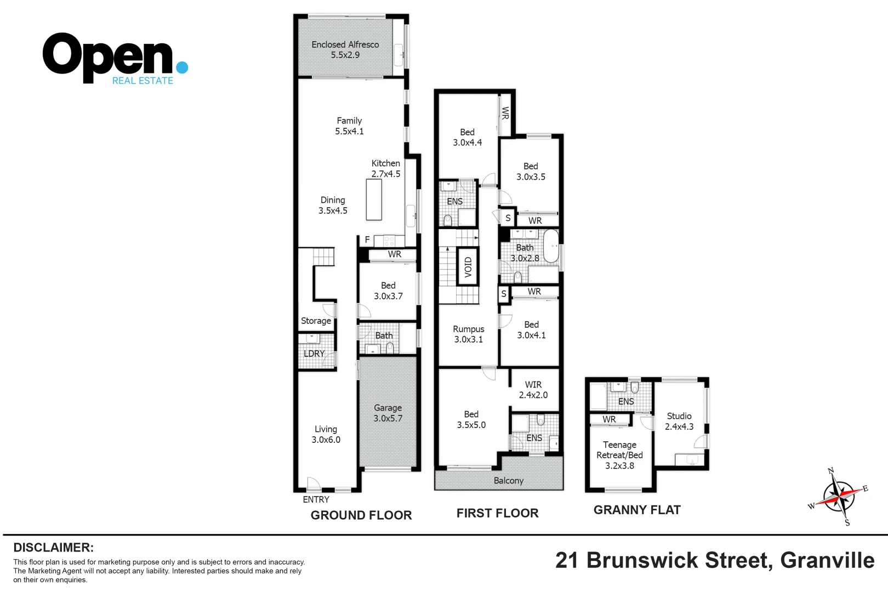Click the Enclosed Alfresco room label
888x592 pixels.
345,49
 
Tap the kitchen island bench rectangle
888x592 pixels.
374,200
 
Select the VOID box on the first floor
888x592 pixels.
468,267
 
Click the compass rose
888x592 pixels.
838,497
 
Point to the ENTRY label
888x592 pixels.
316,499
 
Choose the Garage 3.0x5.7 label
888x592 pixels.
388,413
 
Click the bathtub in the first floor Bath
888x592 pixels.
550,246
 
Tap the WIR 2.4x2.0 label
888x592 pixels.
533,390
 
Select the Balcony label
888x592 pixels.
508,481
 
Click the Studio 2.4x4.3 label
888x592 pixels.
679,421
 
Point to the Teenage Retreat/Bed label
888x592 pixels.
619,455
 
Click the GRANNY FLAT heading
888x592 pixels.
636,510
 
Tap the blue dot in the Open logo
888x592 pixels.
182,67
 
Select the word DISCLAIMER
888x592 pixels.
53,547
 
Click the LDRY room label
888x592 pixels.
314,354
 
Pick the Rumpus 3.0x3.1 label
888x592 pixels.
468,334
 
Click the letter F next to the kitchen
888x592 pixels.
367,240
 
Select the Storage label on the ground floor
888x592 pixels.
316,321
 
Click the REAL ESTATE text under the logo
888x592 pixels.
143,81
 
